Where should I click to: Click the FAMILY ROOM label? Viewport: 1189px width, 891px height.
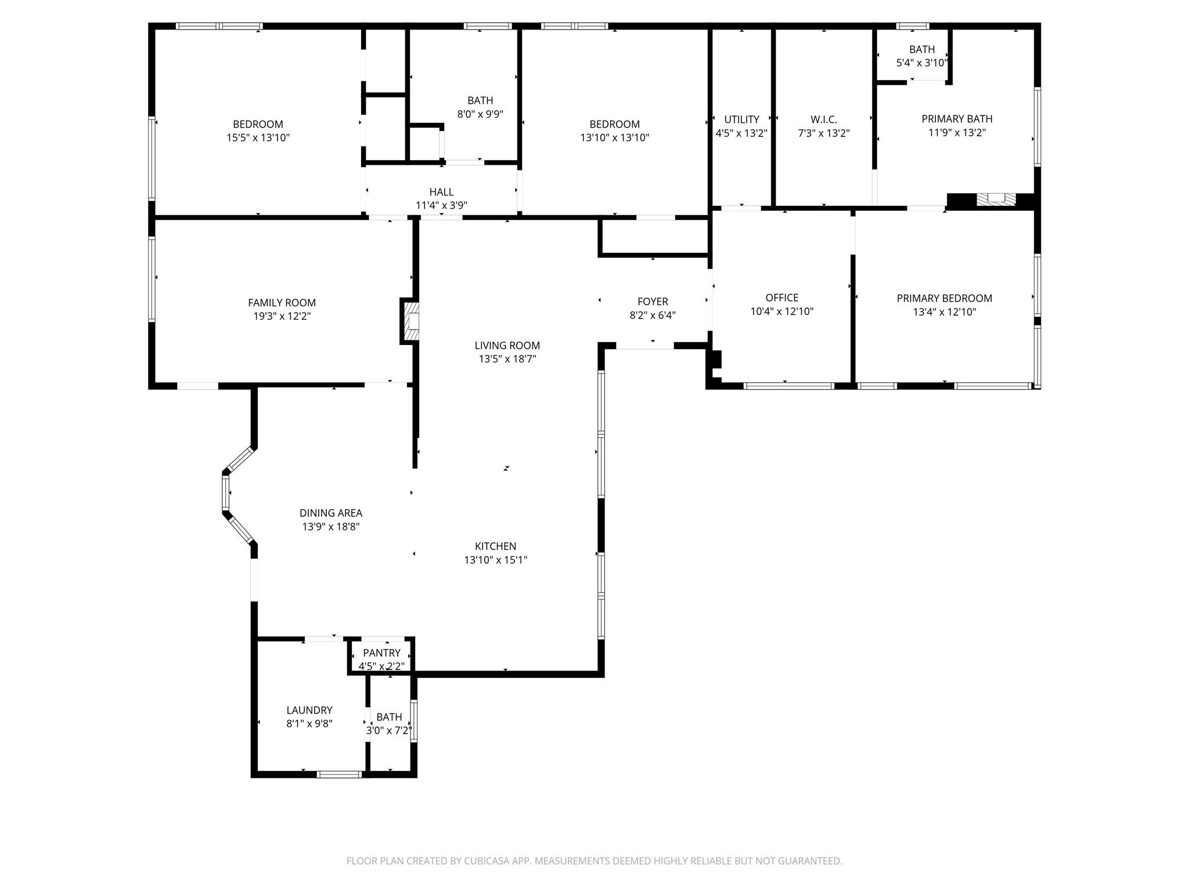click(x=282, y=303)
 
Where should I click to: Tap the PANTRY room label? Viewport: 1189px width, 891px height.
click(x=381, y=653)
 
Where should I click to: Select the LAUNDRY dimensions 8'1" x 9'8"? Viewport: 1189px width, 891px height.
click(x=309, y=724)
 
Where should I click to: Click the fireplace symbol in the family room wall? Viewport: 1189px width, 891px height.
click(x=410, y=321)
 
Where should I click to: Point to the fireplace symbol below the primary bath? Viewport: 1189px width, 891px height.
click(x=996, y=199)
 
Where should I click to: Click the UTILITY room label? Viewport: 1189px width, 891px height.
click(x=741, y=119)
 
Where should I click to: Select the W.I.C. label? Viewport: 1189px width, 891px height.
click(x=823, y=119)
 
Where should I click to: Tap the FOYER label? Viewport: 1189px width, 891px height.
click(x=653, y=302)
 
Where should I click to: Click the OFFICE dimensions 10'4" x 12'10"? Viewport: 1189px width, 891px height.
click(x=781, y=312)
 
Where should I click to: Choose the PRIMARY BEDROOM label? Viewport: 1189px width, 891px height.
click(x=944, y=298)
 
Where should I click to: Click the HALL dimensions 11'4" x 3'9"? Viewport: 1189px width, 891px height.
click(x=441, y=205)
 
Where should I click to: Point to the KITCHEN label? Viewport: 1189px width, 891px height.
click(x=495, y=546)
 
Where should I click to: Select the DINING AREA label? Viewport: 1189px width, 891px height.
click(x=330, y=513)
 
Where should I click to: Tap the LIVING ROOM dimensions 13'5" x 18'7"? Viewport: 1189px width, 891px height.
click(x=507, y=359)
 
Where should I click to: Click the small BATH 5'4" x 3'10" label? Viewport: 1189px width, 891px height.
click(x=922, y=50)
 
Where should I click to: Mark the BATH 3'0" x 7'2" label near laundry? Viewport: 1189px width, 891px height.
click(x=389, y=718)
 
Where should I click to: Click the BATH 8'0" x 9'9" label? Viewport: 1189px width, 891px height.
click(x=480, y=101)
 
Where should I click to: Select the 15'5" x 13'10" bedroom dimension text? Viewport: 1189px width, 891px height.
click(x=258, y=138)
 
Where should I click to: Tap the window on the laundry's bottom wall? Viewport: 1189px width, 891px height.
click(x=340, y=774)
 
